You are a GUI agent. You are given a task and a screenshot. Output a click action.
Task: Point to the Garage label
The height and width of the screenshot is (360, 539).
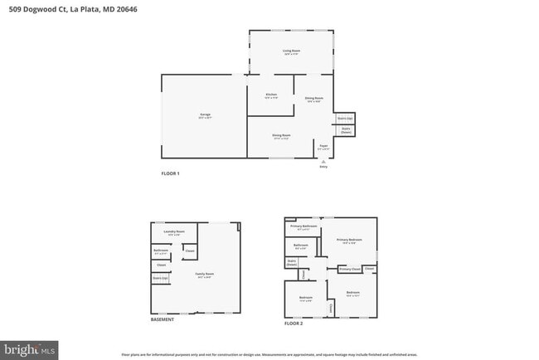click(x=205, y=115)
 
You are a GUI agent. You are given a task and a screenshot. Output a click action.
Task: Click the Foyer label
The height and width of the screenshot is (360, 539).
click(x=323, y=147)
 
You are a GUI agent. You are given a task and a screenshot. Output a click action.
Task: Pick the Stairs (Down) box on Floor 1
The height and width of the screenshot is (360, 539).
click(x=346, y=130)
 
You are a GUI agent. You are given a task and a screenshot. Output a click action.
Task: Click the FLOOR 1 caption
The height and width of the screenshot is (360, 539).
click(x=170, y=173)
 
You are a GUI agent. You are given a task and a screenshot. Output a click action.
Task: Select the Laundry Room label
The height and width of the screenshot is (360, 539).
click(x=174, y=232)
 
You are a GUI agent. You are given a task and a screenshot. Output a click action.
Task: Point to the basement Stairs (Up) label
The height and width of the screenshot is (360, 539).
click(x=160, y=279)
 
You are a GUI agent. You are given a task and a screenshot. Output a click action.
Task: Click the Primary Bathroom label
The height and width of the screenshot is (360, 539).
click(x=303, y=226)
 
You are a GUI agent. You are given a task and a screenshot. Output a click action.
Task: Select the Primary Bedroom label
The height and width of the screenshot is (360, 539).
click(x=349, y=241)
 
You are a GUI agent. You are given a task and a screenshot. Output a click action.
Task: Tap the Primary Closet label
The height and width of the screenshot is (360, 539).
click(x=349, y=269)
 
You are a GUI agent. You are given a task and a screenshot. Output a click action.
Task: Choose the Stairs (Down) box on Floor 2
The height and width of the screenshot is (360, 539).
click(x=292, y=263)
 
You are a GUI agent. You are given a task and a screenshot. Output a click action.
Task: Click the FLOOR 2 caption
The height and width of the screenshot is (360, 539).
click(x=294, y=323)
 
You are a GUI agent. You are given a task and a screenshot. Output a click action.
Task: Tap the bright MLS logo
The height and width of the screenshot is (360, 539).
click(x=30, y=350)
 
